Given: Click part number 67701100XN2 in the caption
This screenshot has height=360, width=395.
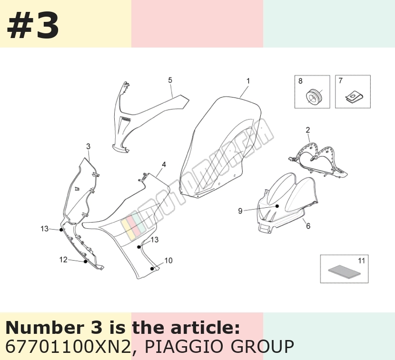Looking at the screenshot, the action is pos(68,347).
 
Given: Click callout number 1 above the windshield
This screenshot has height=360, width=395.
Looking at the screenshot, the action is pos(248,81).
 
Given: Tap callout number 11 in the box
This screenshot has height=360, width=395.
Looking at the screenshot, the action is pos(361,261).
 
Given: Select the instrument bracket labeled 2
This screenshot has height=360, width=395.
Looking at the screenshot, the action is pos(318,160).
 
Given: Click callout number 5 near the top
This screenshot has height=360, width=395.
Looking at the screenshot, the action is pos(170,80).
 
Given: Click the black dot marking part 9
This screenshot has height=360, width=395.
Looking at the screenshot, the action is pos(277,206).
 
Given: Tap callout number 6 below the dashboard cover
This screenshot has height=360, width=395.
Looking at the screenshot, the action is pos(308,226).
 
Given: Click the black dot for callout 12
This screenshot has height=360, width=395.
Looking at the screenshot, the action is pos(85,262).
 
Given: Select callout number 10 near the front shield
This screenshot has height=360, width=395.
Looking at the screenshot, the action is pos(168,261).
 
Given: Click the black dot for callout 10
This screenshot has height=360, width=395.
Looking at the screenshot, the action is pos(152,269).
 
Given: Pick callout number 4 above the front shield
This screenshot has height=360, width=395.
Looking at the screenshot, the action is pos(164,165).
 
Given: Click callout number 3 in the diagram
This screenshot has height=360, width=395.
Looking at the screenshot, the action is pos(88,146).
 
